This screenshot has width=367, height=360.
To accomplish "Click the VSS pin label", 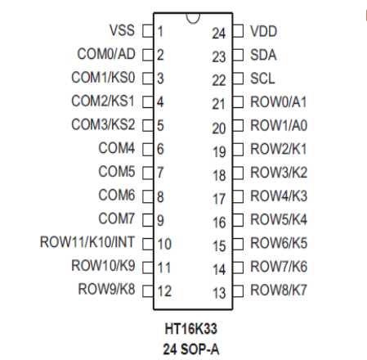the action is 122,30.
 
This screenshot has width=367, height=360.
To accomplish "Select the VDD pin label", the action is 263,31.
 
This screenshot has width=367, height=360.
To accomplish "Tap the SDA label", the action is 263,55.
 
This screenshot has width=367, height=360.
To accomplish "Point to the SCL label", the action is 262,79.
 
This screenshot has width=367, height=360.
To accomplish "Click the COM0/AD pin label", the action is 106,54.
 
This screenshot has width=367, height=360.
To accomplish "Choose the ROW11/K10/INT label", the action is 87,242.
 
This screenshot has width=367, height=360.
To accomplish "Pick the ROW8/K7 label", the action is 279,290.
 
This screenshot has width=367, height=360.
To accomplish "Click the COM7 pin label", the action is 117,218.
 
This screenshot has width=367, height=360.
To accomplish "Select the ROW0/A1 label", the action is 279,102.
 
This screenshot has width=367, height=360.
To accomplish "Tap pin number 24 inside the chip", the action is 219,34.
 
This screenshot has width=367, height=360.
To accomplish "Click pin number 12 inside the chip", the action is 164,291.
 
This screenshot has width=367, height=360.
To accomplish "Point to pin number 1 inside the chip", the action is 160,31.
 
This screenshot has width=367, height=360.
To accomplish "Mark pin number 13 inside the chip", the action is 219,293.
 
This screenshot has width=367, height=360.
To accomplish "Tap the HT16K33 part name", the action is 191,329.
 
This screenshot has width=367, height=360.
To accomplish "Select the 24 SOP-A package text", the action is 191,349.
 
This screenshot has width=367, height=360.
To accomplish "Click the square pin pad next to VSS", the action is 148,31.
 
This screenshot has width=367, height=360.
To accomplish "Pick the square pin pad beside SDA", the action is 238,55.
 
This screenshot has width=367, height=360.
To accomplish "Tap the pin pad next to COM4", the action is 148,150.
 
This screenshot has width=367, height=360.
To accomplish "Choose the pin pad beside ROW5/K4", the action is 238,220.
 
